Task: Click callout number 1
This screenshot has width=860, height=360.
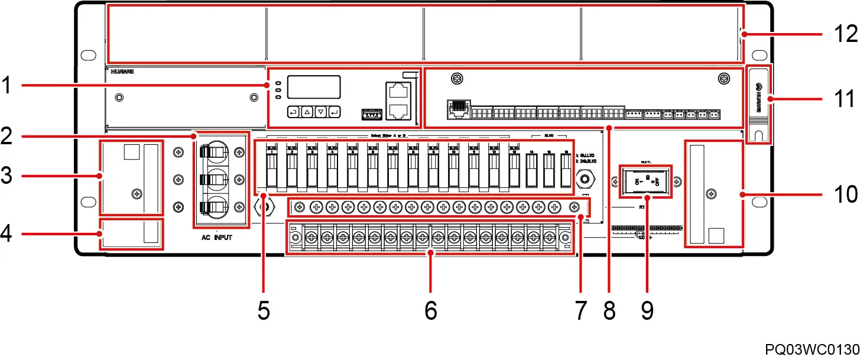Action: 8,86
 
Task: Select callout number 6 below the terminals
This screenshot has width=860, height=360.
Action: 430,309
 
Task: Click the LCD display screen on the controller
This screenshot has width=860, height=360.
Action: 314,87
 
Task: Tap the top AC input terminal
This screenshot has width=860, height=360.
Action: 214,152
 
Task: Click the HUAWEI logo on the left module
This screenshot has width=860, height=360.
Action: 122,72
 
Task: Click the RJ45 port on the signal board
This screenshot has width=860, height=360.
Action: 457,109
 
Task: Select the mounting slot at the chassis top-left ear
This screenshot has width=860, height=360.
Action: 88,55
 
